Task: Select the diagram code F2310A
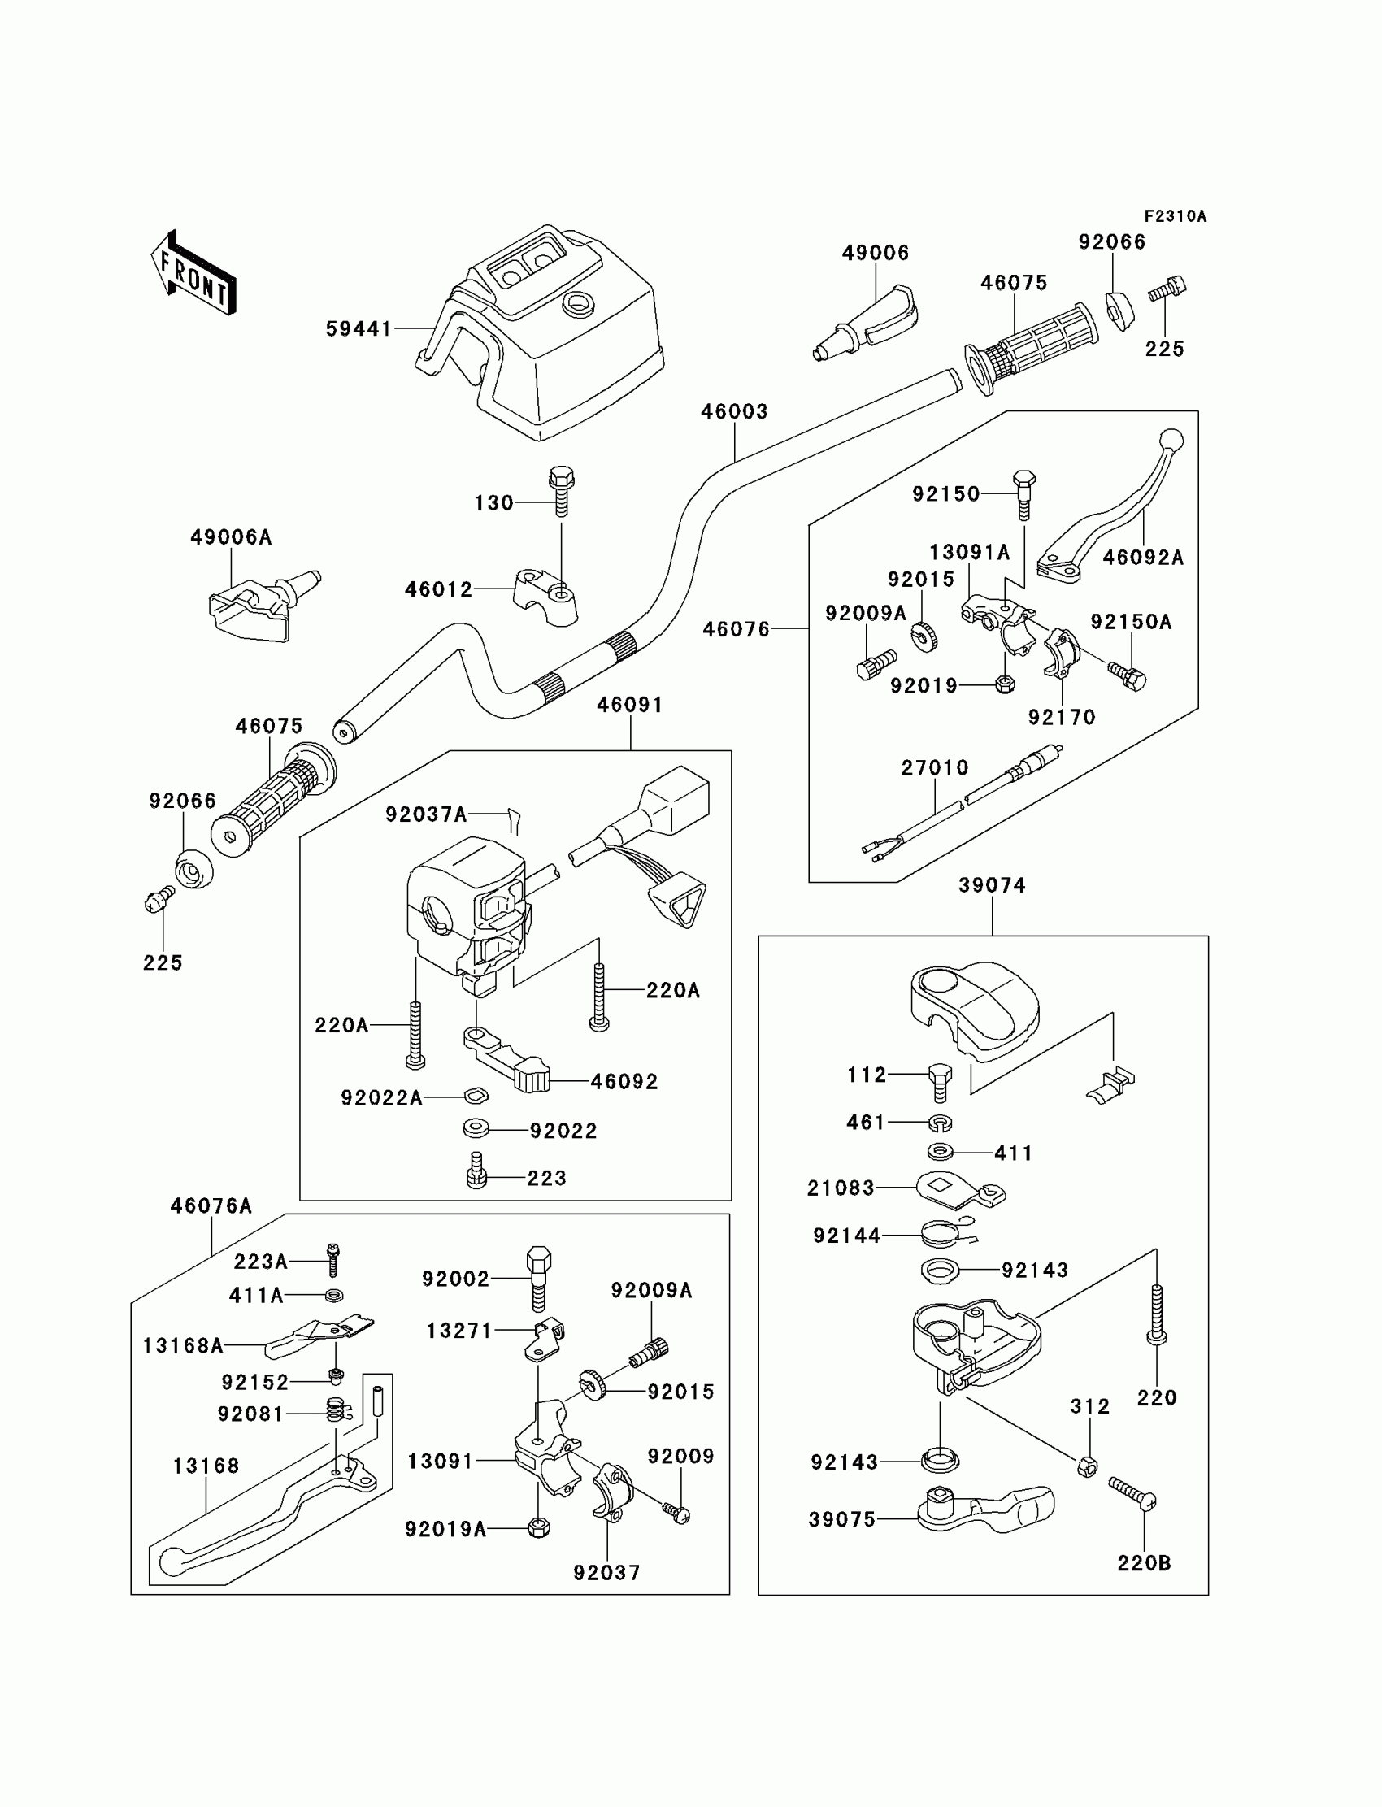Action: tap(1175, 216)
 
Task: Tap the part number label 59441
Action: tap(359, 329)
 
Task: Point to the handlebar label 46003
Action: tap(734, 411)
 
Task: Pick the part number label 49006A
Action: tap(230, 537)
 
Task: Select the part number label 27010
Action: tap(935, 767)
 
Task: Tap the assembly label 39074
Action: tap(991, 885)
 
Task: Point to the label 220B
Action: tap(1144, 1562)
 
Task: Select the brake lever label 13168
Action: tap(206, 1466)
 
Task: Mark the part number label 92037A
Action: tap(426, 814)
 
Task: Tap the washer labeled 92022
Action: tap(476, 1129)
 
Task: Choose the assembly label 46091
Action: tap(629, 704)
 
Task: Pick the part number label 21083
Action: tap(840, 1188)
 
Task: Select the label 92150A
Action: tap(1131, 622)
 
